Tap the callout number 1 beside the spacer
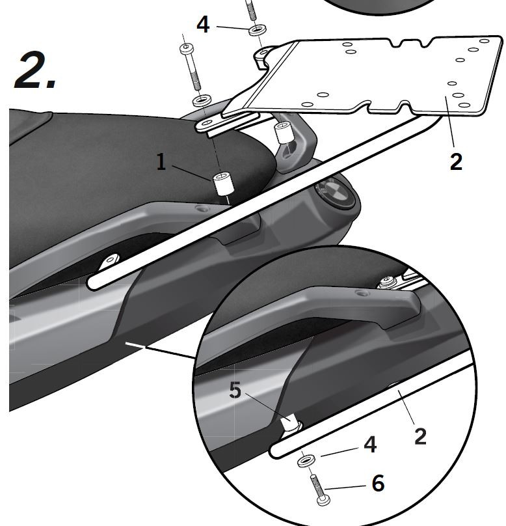161,162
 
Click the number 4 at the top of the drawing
203,25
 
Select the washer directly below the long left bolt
201,102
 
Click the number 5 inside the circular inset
235,391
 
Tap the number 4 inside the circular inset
370,445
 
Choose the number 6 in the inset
378,483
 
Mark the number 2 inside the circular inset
420,436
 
